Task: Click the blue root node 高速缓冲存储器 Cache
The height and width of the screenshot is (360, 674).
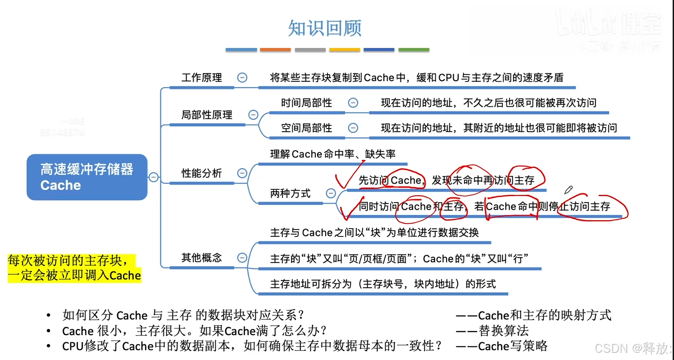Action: [x=87, y=177]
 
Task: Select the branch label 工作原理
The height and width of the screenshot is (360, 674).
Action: [x=202, y=78]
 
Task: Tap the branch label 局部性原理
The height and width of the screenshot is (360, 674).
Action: [x=207, y=115]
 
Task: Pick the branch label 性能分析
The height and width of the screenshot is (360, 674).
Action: [x=202, y=173]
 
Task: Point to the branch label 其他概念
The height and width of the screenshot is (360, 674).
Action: [x=202, y=258]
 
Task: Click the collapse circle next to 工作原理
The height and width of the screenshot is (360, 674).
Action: [x=242, y=78]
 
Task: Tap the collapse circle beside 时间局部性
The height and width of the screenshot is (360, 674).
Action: [x=353, y=103]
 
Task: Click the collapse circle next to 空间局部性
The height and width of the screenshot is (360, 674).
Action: [x=353, y=128]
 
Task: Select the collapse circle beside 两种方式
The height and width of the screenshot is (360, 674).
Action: [x=331, y=194]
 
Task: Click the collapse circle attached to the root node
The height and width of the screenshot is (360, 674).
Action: [x=153, y=177]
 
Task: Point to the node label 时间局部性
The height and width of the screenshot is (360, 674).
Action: [x=306, y=103]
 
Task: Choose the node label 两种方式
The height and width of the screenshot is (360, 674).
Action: [x=290, y=194]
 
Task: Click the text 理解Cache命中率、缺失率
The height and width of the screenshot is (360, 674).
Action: [x=332, y=154]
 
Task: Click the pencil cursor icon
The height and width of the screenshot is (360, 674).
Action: [x=568, y=189]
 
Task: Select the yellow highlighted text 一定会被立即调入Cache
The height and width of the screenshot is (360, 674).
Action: [x=74, y=275]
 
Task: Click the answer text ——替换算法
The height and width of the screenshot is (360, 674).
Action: [x=492, y=331]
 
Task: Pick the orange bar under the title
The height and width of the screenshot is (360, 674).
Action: [x=275, y=50]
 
